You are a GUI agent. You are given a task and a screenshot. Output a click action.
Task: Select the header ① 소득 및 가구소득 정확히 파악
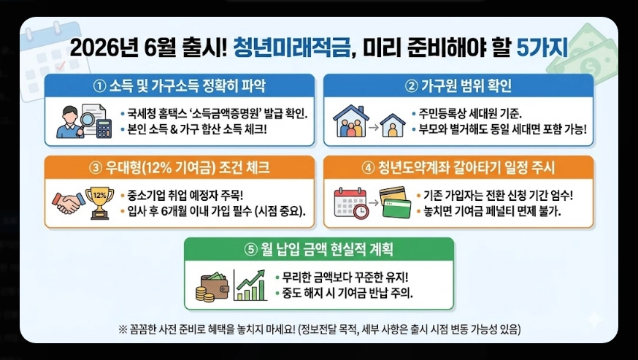click(180, 85)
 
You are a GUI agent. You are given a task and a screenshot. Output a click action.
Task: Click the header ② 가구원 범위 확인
click(458, 85)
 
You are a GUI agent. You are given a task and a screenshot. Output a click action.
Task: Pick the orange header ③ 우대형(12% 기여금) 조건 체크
click(180, 167)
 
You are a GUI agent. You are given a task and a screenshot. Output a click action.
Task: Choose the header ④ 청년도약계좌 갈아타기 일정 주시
click(458, 167)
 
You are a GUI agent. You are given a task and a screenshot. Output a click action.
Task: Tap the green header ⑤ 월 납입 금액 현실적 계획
click(319, 249)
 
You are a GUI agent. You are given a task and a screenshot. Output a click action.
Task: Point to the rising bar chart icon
click(250, 283)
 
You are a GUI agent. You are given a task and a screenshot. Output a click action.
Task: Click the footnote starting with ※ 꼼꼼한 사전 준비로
click(318, 328)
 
